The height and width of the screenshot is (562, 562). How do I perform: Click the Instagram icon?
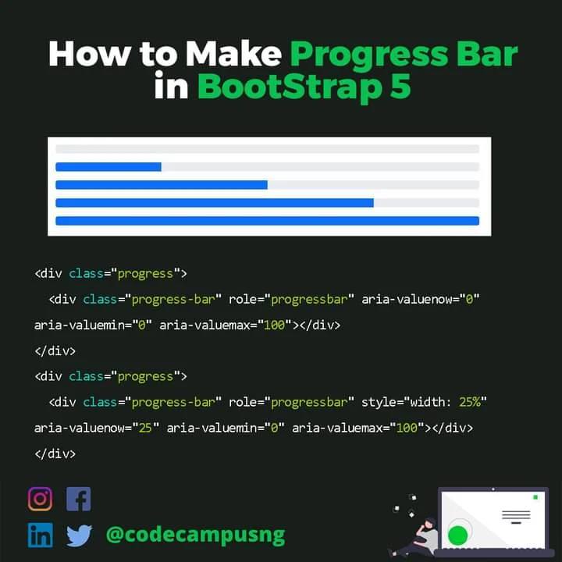40,499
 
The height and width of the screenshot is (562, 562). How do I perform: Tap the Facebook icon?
78,499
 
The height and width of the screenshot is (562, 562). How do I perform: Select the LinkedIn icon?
40,535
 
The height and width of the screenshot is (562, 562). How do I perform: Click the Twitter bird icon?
79,535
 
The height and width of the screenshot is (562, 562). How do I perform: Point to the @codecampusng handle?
195,535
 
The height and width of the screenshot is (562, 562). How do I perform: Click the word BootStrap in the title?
286,87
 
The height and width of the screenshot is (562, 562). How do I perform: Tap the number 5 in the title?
399,87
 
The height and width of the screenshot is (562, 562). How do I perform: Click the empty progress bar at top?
267,148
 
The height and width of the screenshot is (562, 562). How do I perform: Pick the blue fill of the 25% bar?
108,166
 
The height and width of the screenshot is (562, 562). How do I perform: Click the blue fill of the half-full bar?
162,185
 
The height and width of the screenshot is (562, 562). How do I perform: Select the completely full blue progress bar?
267,221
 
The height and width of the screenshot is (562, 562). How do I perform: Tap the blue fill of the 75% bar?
215,203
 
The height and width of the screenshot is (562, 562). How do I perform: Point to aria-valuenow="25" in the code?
97,428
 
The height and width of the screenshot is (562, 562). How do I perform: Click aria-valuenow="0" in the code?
420,299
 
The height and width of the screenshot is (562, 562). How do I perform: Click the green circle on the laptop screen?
457,535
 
